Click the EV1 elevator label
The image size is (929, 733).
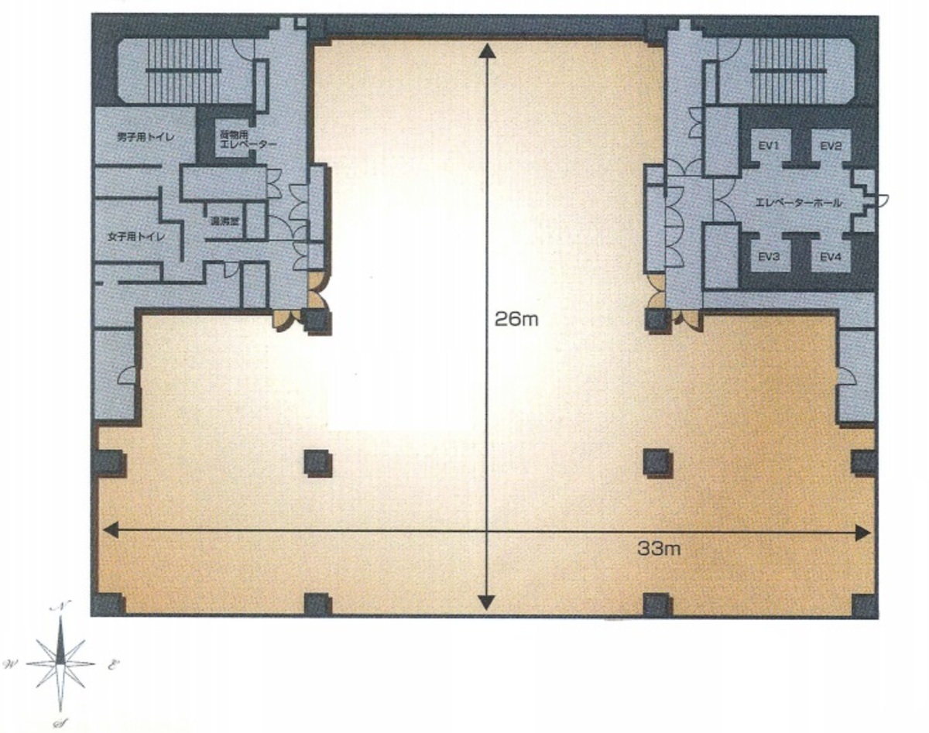768,145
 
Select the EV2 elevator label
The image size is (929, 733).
831,145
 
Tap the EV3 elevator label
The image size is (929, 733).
768,257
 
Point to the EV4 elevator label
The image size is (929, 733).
831,257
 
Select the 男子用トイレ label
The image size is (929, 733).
144,137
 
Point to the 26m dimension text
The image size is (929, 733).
516,318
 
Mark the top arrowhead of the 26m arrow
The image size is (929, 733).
486,50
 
